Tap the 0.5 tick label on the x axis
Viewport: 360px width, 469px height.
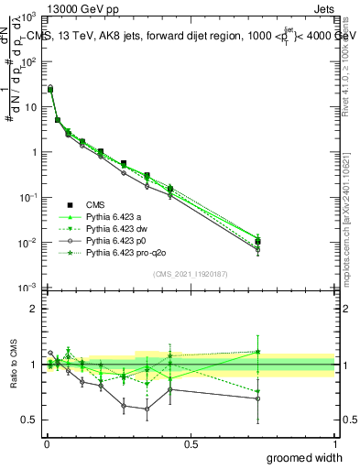191,443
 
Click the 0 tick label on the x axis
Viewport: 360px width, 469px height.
45,443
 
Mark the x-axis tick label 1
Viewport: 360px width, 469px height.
335,443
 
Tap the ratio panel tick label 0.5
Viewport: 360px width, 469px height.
28,420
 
